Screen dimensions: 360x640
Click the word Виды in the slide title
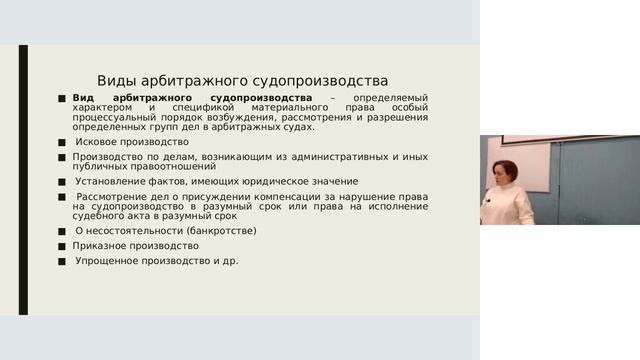point(118,80)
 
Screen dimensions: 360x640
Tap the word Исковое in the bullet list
point(97,142)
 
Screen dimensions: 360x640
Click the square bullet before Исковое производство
point(62,143)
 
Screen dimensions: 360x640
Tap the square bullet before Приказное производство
point(62,246)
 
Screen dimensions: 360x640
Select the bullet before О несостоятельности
point(62,231)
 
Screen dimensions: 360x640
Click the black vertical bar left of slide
point(24,180)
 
